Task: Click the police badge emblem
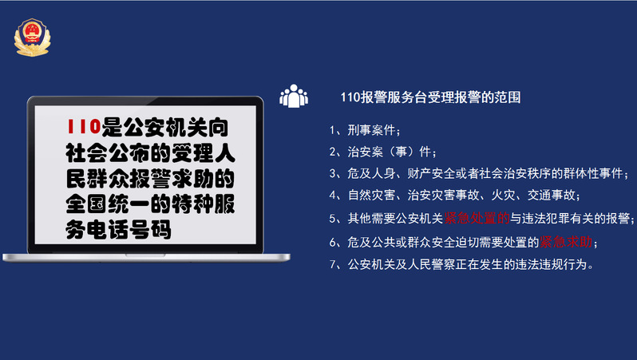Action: click(32, 38)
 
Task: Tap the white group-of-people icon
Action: click(294, 97)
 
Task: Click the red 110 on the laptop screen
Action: click(84, 126)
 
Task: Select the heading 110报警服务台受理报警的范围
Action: click(430, 97)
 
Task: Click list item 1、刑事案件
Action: click(365, 130)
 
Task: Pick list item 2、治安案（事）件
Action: click(382, 152)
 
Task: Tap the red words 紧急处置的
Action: click(477, 218)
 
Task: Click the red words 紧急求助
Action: click(566, 242)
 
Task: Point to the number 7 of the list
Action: click(333, 264)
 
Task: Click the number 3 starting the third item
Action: click(333, 173)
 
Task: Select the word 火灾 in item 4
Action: click(504, 196)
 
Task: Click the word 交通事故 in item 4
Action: click(552, 196)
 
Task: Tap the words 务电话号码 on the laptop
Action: click(118, 230)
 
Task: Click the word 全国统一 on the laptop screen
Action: click(108, 204)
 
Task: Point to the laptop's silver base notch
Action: click(145, 255)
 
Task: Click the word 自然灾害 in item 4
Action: click(372, 196)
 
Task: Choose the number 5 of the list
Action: click(333, 219)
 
